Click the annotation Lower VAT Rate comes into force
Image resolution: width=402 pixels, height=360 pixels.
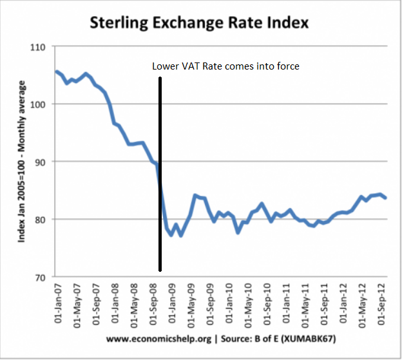[225, 66]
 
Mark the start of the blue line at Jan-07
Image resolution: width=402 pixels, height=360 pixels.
[57, 71]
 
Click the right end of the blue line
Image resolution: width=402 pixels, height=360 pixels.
[385, 198]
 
